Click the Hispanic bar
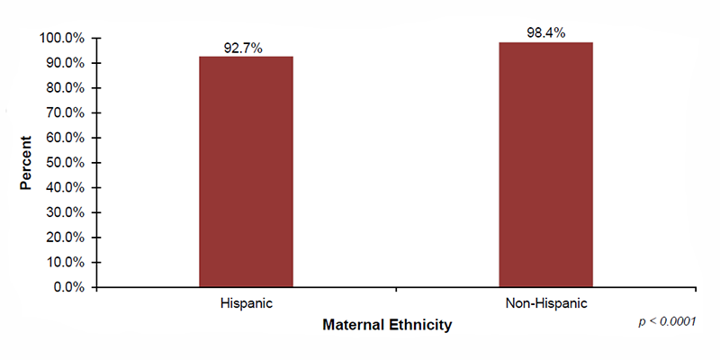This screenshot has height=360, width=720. click(x=246, y=172)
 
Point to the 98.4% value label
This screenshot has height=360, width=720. click(x=545, y=33)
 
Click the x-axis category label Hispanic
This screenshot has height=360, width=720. click(x=246, y=304)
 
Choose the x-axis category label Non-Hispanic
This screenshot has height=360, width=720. click(x=545, y=304)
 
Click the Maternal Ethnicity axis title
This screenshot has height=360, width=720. click(x=387, y=324)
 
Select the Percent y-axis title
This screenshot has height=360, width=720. click(x=27, y=163)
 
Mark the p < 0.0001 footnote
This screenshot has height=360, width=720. click(x=667, y=320)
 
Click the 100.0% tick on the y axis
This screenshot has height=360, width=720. click(x=62, y=39)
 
